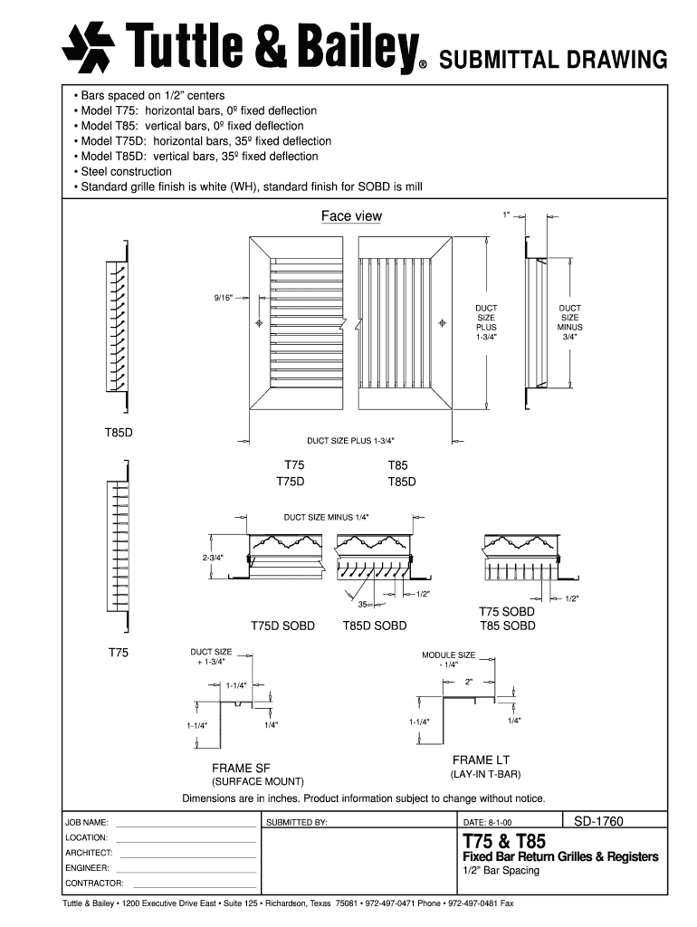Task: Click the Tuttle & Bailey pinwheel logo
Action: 88,47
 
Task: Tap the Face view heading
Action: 351,216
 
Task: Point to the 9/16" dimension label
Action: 224,297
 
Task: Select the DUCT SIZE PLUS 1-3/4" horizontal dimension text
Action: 349,441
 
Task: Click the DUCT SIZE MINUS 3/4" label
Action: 569,322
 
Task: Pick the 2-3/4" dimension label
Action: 214,558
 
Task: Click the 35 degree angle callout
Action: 366,604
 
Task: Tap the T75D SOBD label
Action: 282,626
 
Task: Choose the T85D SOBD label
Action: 375,626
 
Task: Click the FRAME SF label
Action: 241,769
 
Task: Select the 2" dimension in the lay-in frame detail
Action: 469,681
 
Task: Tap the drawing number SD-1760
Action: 599,821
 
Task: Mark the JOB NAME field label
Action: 87,823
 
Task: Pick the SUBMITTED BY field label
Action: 296,823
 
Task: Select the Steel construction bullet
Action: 126,172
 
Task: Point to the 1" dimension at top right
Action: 507,215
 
